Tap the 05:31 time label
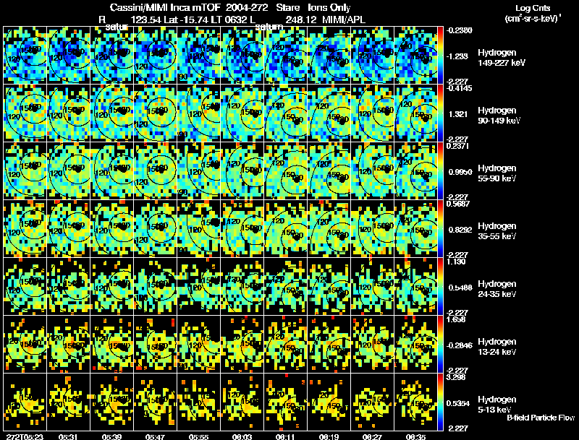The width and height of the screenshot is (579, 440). pyautogui.click(x=69, y=436)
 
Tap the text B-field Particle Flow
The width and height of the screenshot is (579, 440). pyautogui.click(x=541, y=418)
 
